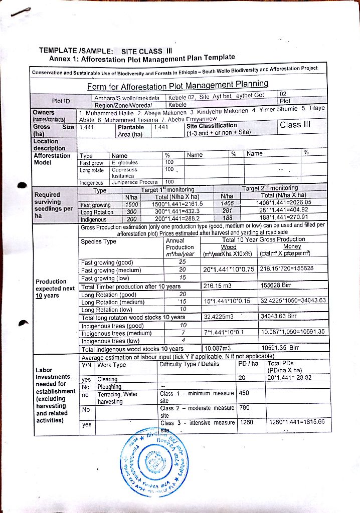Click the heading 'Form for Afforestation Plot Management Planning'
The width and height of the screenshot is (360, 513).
pyautogui.click(x=178, y=86)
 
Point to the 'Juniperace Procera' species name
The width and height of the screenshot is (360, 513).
pyautogui.click(x=134, y=182)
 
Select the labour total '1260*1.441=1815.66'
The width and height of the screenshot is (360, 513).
pyautogui.click(x=296, y=422)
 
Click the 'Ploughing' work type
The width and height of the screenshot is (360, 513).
pyautogui.click(x=109, y=387)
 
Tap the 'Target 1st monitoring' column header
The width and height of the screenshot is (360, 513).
pyautogui.click(x=167, y=190)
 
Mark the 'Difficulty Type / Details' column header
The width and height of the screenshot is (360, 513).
pyautogui.click(x=190, y=364)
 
